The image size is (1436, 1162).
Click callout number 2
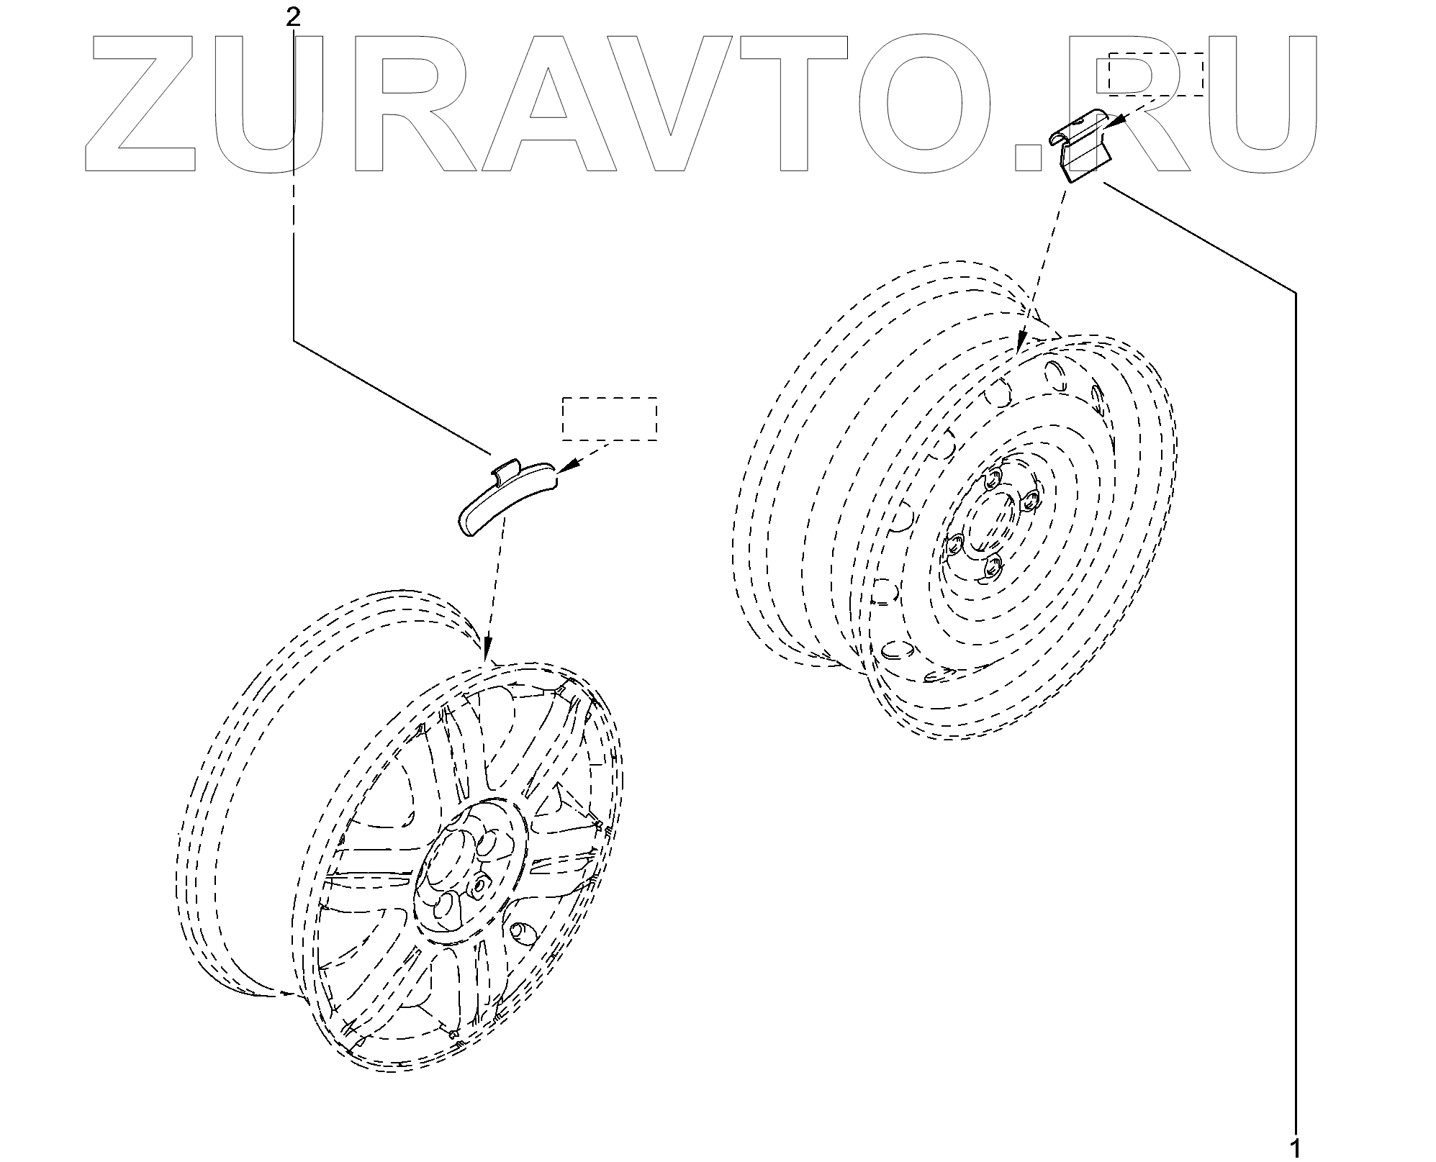[x=293, y=17]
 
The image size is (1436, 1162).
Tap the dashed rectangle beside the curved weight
[x=609, y=418]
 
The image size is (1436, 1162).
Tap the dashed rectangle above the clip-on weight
[x=1155, y=73]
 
